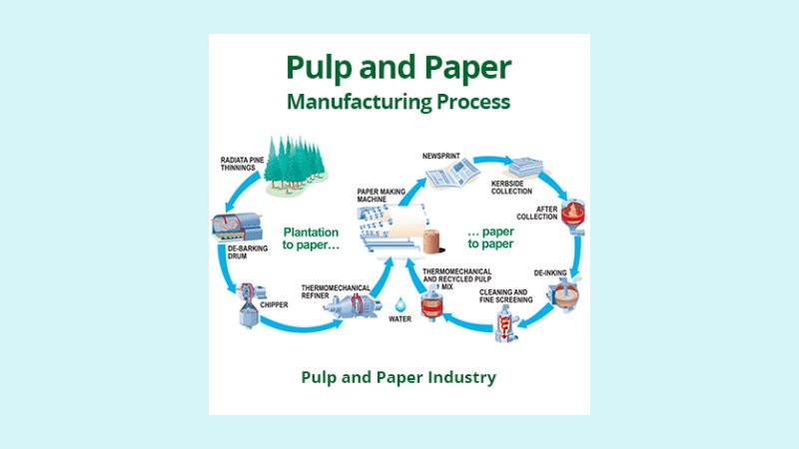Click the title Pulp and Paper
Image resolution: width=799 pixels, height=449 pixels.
click(x=399, y=67)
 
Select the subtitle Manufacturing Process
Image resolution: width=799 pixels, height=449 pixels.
click(x=399, y=101)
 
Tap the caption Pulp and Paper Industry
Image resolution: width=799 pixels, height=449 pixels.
click(x=399, y=377)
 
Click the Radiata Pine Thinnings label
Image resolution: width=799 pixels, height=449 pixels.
click(x=242, y=165)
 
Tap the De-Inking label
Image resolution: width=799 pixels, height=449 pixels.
click(x=547, y=271)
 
